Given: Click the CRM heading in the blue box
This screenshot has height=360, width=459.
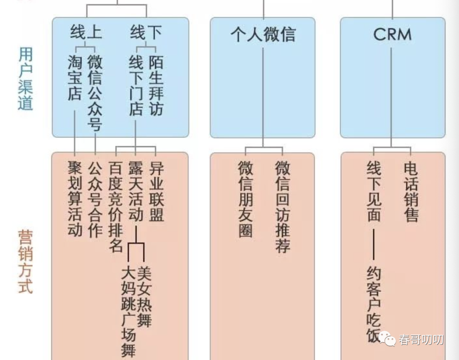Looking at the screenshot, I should [x=392, y=34].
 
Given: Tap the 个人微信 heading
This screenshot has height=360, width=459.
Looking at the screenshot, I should [x=263, y=34].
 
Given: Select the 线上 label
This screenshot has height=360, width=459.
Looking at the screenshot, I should [x=86, y=32].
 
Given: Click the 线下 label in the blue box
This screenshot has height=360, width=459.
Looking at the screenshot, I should [x=146, y=32].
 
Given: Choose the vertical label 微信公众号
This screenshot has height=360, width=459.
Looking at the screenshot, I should [x=95, y=94].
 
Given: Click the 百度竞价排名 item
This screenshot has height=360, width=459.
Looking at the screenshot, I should [x=115, y=206].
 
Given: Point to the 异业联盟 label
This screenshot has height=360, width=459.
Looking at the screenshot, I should [x=156, y=191].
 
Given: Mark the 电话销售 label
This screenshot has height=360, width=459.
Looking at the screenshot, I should [x=411, y=191].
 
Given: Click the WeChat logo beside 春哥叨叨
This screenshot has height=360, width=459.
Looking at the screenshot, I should [x=388, y=339].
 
